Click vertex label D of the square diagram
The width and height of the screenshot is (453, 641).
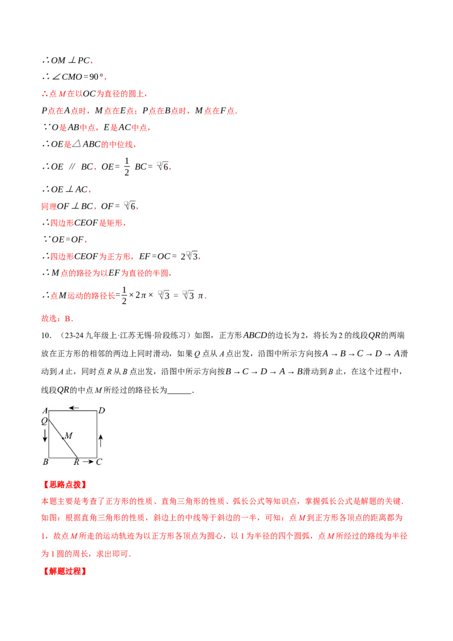pyautogui.click(x=102, y=411)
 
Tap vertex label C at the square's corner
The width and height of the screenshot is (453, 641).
pyautogui.click(x=99, y=462)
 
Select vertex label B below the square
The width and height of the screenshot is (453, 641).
pyautogui.click(x=45, y=462)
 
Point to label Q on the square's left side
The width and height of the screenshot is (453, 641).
pyautogui.click(x=44, y=421)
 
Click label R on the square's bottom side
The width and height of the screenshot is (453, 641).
pyautogui.click(x=76, y=463)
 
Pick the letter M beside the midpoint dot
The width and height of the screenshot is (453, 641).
pyautogui.click(x=69, y=435)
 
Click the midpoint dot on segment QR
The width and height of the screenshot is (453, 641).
pyautogui.click(x=62, y=438)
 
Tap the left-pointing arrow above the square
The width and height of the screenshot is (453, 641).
pyautogui.click(x=74, y=408)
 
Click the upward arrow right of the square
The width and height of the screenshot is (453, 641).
pyautogui.click(x=101, y=441)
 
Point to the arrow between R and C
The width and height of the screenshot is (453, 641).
pyautogui.click(x=88, y=462)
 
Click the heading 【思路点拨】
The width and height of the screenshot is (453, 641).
pyautogui.click(x=65, y=485)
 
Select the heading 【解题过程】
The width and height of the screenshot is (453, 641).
pyautogui.click(x=65, y=571)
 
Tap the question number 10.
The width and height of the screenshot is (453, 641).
pyautogui.click(x=45, y=336)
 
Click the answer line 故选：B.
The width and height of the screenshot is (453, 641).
pyautogui.click(x=57, y=318)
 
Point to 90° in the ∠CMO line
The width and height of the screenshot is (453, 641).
pyautogui.click(x=96, y=77)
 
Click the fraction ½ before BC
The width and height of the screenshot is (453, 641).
pyautogui.click(x=127, y=167)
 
